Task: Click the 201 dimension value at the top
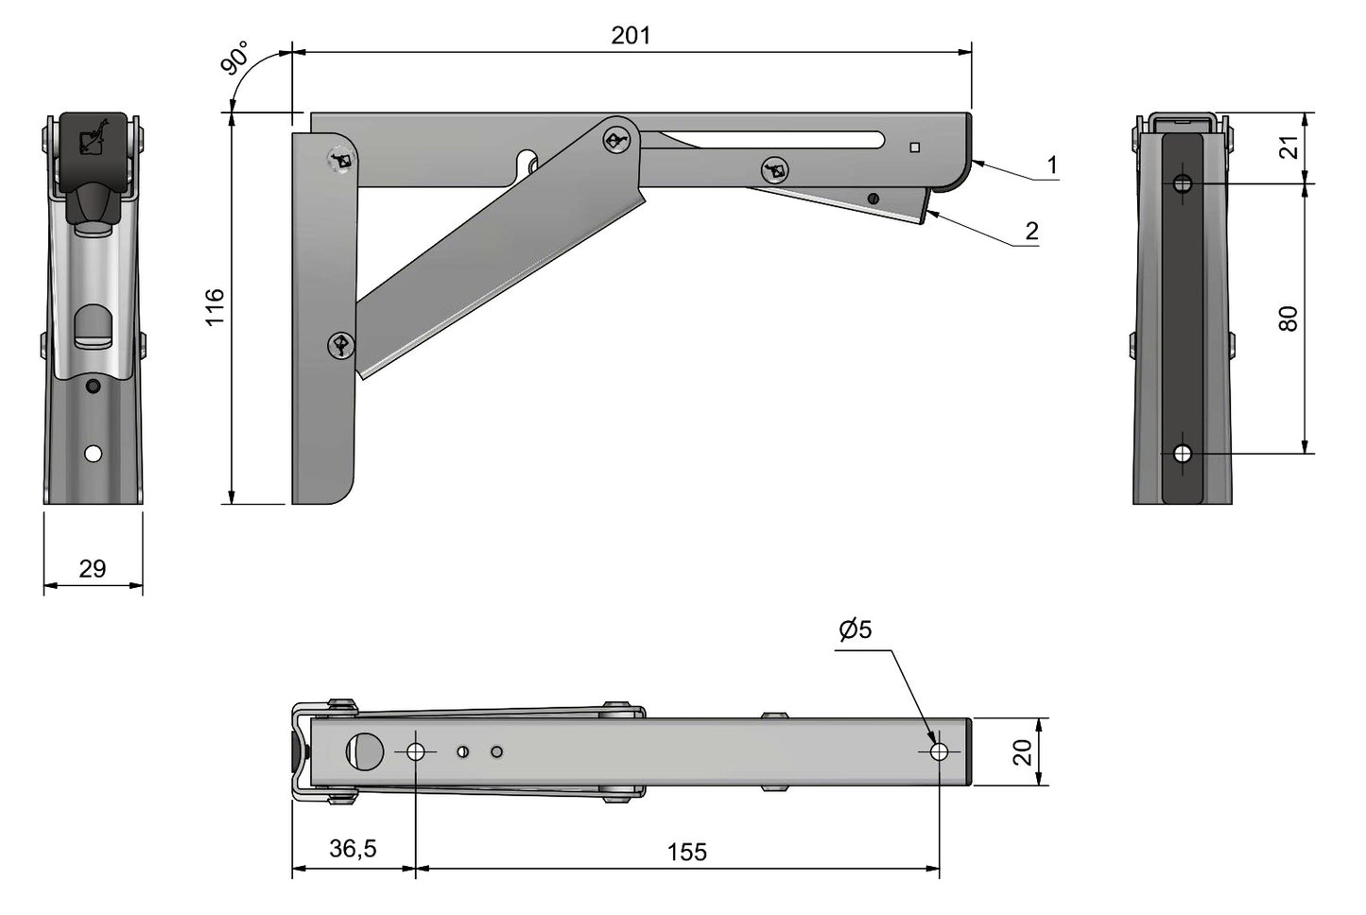coord(631,35)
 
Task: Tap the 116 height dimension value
coord(215,307)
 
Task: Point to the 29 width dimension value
coord(93,568)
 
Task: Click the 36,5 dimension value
coord(353,849)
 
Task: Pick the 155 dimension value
coord(686,852)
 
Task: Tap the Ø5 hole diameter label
coord(855,629)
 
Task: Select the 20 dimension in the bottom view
coord(1023,752)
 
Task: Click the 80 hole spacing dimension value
coord(1288,319)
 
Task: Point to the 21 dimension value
coord(1288,147)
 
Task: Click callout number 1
coord(1052,165)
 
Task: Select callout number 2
coord(1031,231)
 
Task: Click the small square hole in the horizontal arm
coord(914,147)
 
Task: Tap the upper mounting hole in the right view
coord(1182,183)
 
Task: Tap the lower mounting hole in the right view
coord(1182,454)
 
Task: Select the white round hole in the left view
coord(93,454)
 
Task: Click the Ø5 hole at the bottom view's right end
coord(939,751)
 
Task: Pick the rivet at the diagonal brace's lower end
coord(341,346)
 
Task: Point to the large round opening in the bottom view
coord(366,751)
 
